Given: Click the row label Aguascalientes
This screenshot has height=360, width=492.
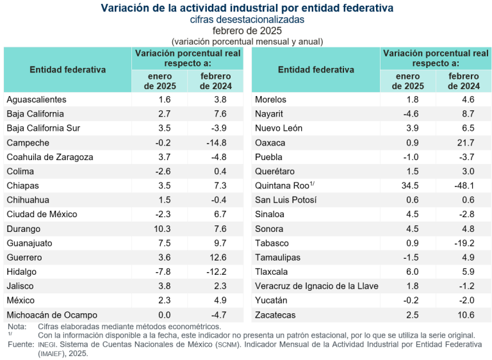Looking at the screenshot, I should click(37, 99).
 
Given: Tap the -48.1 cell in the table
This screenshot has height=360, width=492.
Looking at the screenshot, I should click(464, 186).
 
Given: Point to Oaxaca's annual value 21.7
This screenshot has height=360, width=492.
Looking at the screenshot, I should click(464, 142).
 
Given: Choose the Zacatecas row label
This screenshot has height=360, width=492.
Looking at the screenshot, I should click(275, 315).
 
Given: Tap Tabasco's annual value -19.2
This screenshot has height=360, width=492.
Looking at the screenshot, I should click(464, 243).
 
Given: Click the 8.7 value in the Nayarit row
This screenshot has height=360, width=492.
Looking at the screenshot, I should click(464, 113).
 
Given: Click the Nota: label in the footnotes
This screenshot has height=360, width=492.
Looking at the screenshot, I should click(17, 326).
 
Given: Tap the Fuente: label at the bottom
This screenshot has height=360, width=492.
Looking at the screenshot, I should click(20, 344).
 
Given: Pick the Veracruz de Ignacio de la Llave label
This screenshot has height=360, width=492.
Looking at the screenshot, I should click(316, 286).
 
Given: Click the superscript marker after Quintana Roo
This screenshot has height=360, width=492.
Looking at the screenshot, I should click(311, 184).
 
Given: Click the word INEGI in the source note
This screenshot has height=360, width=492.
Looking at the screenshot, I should click(48, 345).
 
